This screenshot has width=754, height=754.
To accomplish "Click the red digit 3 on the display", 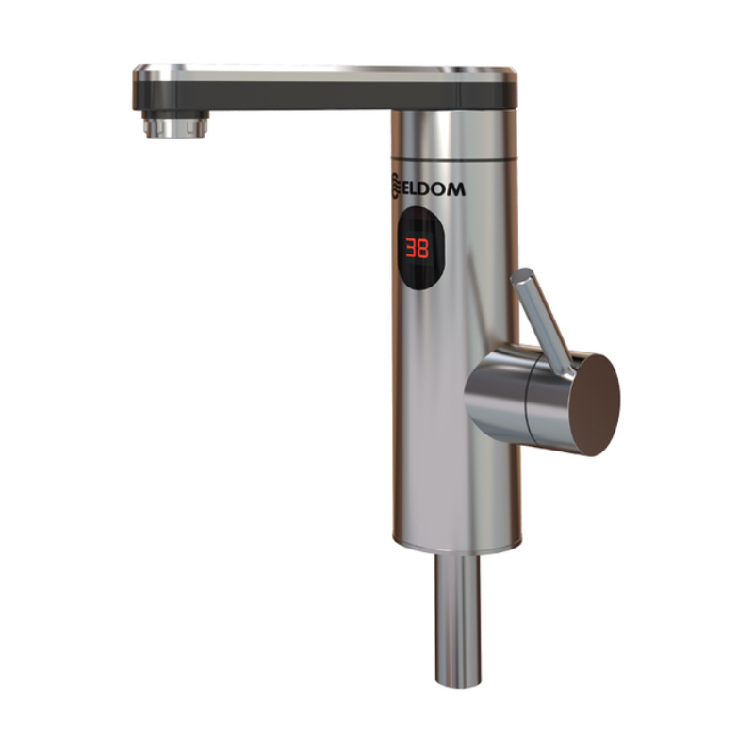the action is click(411, 248).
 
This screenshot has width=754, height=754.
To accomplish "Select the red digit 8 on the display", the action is click(423, 249).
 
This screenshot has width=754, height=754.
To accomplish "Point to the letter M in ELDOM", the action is click(456, 189).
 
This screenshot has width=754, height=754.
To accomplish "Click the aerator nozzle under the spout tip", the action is click(175, 124).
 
